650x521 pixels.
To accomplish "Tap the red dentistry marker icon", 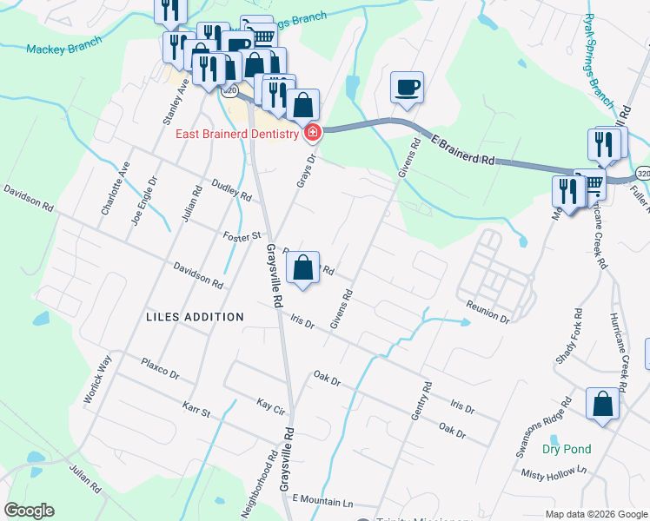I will [x=311, y=132].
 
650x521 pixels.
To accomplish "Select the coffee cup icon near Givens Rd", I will [x=407, y=88].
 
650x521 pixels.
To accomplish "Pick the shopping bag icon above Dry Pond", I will [x=603, y=404].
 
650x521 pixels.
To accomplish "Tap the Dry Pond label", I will [x=567, y=449].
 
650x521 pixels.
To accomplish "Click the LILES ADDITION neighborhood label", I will [x=195, y=317].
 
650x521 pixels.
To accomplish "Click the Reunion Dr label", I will [x=487, y=313].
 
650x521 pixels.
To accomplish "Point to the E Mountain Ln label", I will [x=323, y=502].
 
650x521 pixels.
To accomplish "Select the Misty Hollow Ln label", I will [x=554, y=473].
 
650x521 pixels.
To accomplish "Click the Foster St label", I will [x=242, y=235].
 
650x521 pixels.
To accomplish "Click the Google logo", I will [x=29, y=511].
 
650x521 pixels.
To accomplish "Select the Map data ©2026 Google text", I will [x=595, y=514].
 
